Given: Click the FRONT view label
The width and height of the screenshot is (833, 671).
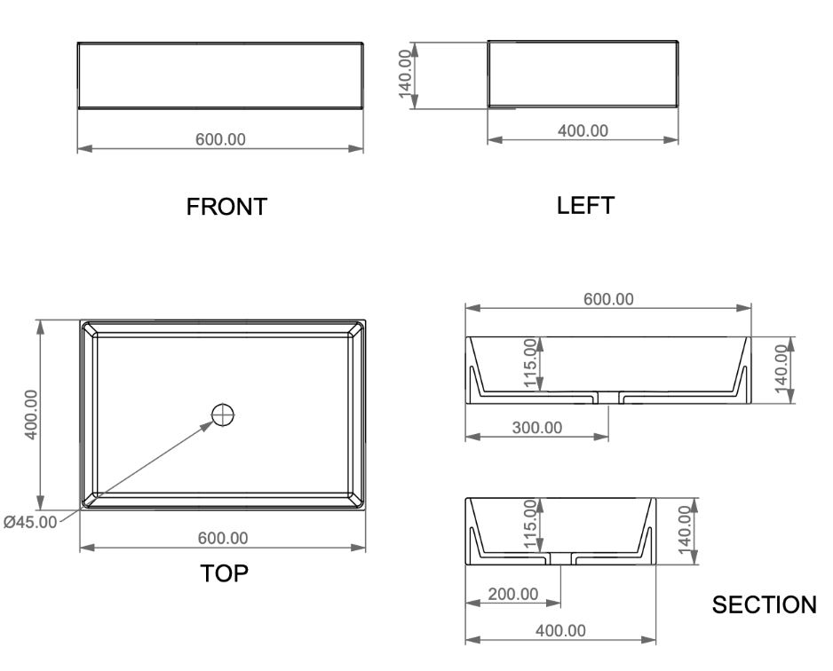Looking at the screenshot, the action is [x=226, y=207].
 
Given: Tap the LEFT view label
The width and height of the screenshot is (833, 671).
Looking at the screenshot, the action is [x=585, y=205].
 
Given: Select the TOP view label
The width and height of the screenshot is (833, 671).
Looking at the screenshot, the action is [x=224, y=573].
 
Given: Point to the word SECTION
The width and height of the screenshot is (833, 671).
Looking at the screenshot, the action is [x=764, y=604].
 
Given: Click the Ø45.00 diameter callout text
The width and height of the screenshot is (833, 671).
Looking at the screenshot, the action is [x=30, y=523].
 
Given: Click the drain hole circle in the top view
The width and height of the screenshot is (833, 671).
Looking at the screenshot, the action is [x=223, y=415].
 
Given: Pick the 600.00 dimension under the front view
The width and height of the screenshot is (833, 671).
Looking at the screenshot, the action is [x=220, y=139].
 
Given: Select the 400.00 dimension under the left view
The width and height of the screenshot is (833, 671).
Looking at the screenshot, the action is [x=583, y=130].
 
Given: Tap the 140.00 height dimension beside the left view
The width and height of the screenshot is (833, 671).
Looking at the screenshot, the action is [x=405, y=75].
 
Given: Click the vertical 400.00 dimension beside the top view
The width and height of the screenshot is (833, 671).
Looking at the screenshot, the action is [x=31, y=414].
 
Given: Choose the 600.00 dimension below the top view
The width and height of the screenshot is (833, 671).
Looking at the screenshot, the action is [x=223, y=538].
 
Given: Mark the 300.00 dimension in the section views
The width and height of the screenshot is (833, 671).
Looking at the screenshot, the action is [x=537, y=427].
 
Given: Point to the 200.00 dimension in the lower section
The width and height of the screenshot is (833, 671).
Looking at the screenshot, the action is [x=513, y=594].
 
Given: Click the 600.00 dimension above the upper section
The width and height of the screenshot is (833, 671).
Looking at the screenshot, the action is [x=608, y=299].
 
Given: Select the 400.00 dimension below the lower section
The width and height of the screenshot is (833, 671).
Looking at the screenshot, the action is [x=560, y=631].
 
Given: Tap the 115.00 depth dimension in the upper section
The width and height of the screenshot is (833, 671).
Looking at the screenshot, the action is [x=531, y=363].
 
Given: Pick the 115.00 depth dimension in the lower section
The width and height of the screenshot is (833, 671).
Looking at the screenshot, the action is [x=531, y=524].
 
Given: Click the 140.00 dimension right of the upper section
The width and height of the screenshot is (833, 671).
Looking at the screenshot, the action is [x=781, y=369].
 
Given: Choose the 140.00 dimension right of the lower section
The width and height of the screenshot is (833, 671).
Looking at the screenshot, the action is [x=685, y=530].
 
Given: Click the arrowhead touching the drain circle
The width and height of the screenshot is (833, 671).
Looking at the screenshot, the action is [x=206, y=426].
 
